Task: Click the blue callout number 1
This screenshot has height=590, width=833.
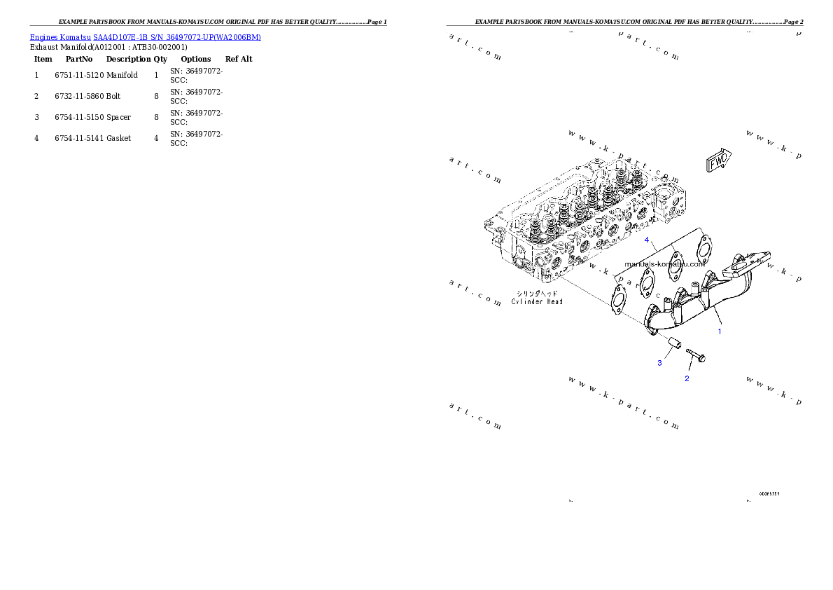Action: point(719,331)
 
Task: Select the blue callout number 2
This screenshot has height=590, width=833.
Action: point(687,378)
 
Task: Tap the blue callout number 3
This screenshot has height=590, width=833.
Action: point(659,363)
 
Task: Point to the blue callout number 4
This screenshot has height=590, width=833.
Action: point(647,240)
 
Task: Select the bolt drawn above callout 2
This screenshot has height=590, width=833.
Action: point(695,355)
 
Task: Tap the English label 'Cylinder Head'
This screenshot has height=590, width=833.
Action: point(537,301)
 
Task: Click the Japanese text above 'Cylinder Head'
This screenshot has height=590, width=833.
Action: point(537,293)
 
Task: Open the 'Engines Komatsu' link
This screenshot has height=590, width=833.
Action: point(60,37)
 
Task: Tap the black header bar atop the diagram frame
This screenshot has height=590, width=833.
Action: point(624,25)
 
